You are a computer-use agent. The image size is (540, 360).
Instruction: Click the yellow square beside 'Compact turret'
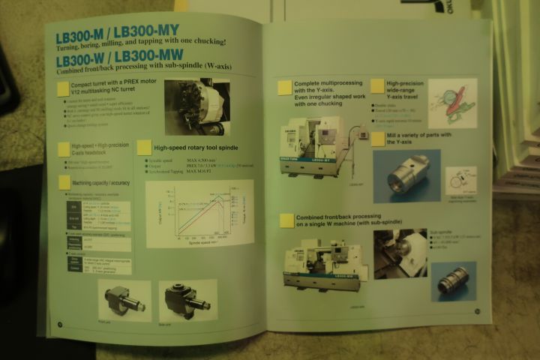(x=64, y=89)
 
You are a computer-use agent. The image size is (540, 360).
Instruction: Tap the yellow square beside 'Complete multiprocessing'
(x=284, y=88)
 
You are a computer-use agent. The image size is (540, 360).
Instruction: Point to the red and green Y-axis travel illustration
(x=453, y=103)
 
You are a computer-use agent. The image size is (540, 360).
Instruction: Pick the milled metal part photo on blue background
(x=406, y=175)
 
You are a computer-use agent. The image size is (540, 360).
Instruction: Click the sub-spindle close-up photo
(x=400, y=253)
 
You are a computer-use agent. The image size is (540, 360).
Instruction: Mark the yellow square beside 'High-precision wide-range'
(x=377, y=88)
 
